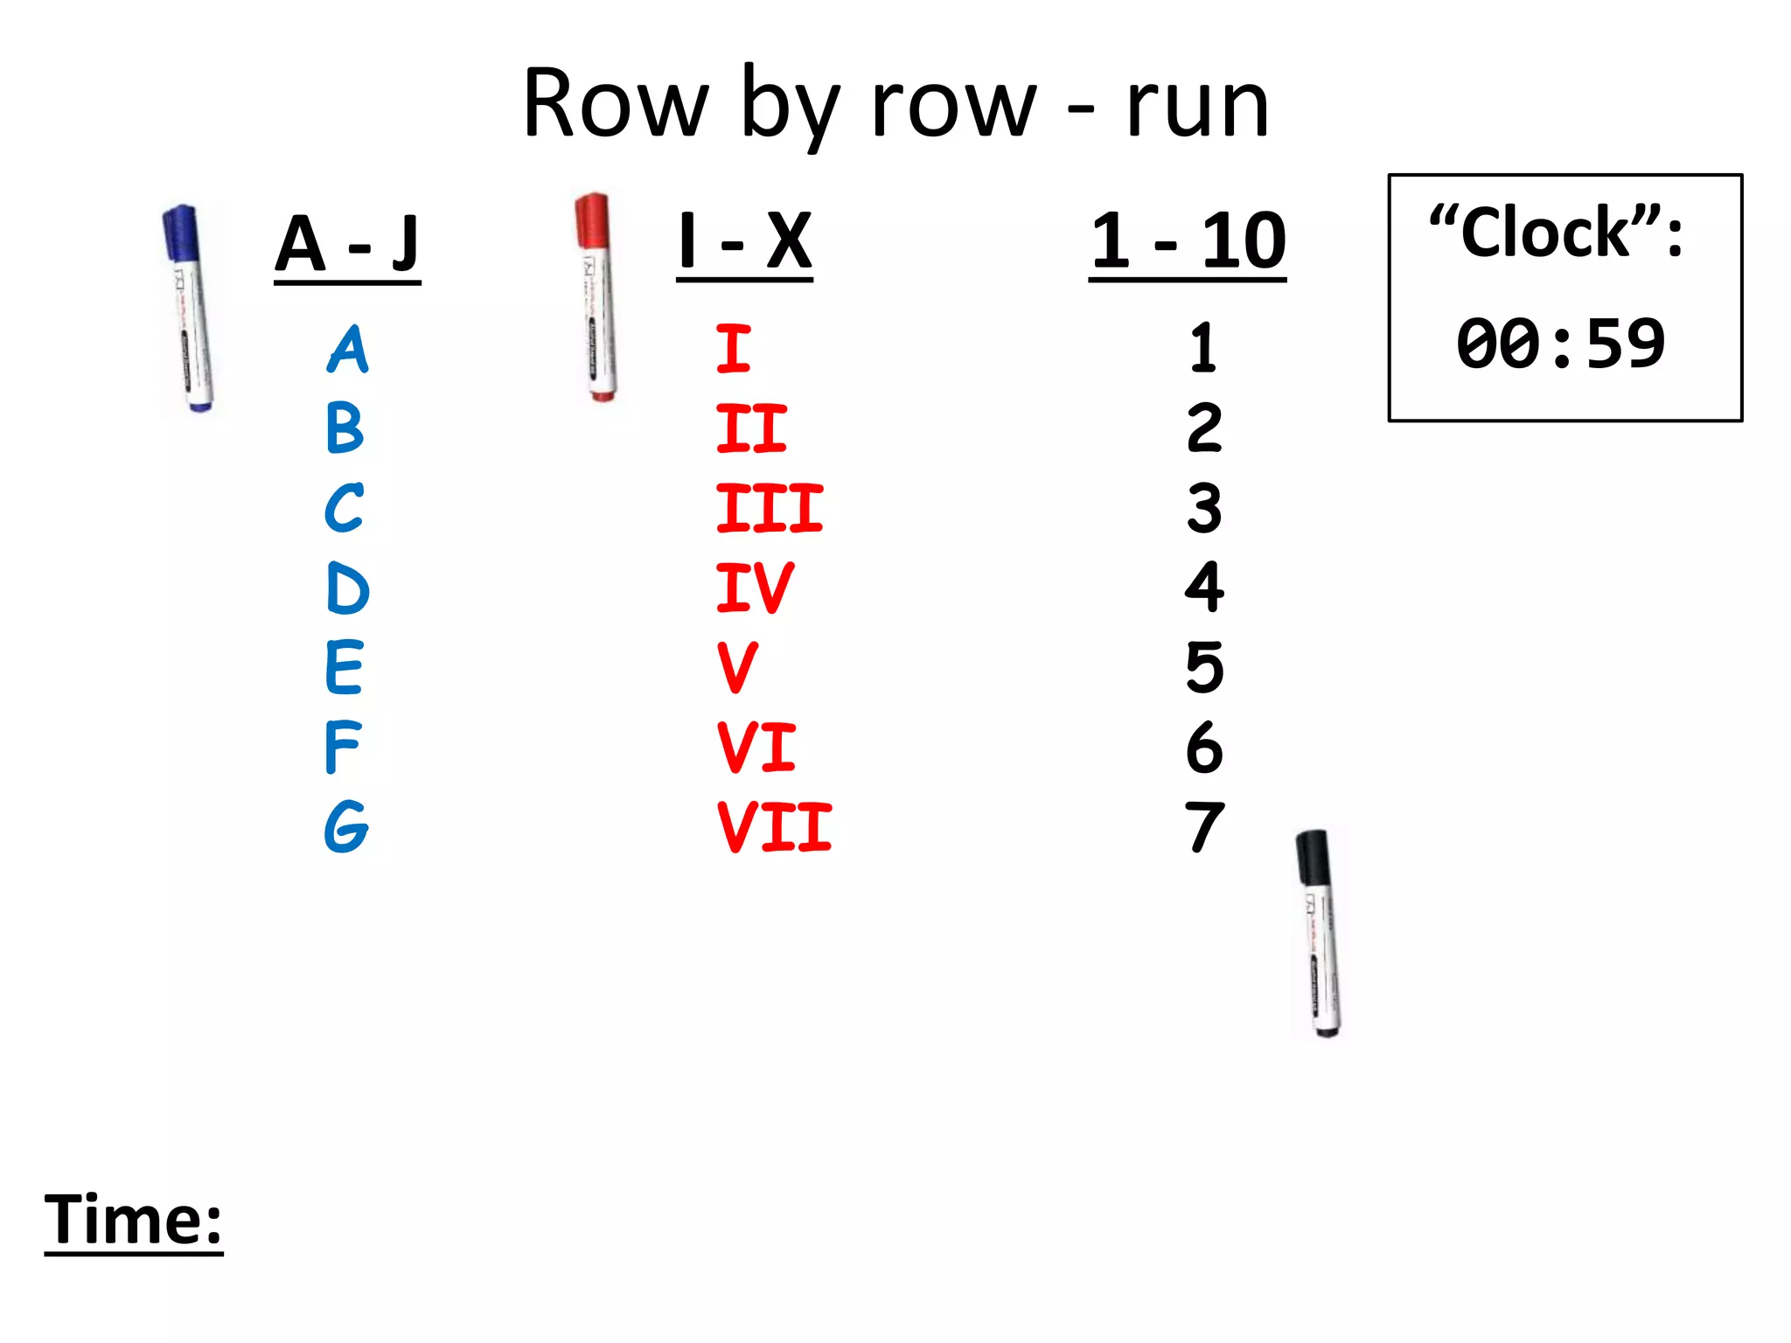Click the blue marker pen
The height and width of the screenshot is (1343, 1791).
pyautogui.click(x=188, y=308)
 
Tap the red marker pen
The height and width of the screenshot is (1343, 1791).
pyautogui.click(x=596, y=297)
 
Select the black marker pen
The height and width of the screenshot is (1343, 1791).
pyautogui.click(x=1319, y=933)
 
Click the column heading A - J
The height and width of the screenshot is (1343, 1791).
pyautogui.click(x=347, y=245)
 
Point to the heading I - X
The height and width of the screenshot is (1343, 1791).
pyautogui.click(x=744, y=242)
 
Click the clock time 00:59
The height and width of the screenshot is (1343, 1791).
pyautogui.click(x=1560, y=344)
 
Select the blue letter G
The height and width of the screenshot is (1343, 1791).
pyautogui.click(x=346, y=826)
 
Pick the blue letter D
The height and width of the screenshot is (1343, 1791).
pyautogui.click(x=347, y=588)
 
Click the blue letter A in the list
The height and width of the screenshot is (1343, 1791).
pyautogui.click(x=348, y=350)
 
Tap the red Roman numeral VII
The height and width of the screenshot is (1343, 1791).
pyautogui.click(x=774, y=827)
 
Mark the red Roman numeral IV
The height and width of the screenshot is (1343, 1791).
pyautogui.click(x=755, y=588)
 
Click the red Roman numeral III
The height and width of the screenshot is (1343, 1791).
pyautogui.click(x=769, y=508)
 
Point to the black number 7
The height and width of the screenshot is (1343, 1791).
pyautogui.click(x=1204, y=827)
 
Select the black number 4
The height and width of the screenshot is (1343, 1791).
pyautogui.click(x=1204, y=588)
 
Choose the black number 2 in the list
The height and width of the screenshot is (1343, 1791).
pyautogui.click(x=1204, y=428)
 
